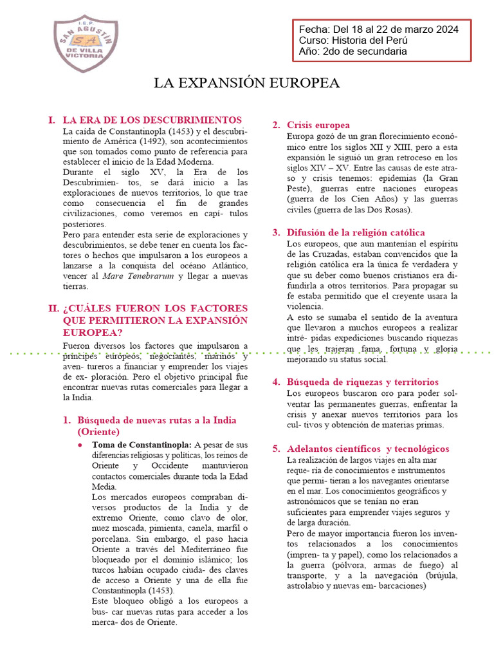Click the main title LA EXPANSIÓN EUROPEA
pyautogui.click(x=246, y=83)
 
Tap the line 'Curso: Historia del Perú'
pyautogui.click(x=352, y=41)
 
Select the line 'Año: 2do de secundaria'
pyautogui.click(x=352, y=51)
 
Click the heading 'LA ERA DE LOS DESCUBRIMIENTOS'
pyautogui.click(x=152, y=120)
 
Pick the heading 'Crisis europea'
pyautogui.click(x=318, y=125)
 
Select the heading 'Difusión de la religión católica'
pyautogui.click(x=356, y=232)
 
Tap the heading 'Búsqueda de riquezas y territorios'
pyautogui.click(x=363, y=382)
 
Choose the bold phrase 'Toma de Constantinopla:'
pyautogui.click(x=142, y=445)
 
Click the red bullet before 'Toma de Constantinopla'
pyautogui.click(x=79, y=445)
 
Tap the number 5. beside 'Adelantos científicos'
pyautogui.click(x=275, y=449)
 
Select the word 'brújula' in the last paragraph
pyautogui.click(x=443, y=576)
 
